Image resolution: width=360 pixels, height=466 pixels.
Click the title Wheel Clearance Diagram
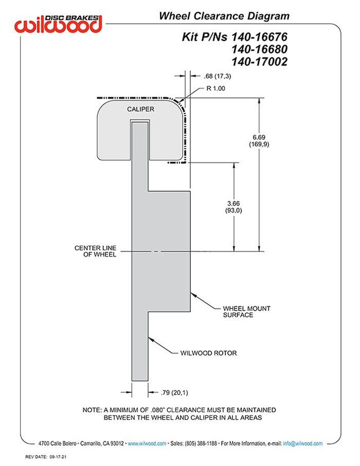click(224, 16)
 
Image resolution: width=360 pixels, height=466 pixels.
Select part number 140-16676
click(259, 36)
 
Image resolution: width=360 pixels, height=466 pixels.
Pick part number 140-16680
click(259, 49)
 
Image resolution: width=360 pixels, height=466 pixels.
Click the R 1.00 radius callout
click(216, 89)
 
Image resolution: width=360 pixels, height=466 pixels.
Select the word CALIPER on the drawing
click(140, 109)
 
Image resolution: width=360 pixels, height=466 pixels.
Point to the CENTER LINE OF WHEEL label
click(96, 251)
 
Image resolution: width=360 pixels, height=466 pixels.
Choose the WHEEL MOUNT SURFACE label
click(247, 311)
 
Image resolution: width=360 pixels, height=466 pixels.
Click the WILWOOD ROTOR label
click(209, 353)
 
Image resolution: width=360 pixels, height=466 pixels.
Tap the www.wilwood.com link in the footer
click(147, 443)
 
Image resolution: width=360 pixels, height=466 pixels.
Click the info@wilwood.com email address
click(303, 443)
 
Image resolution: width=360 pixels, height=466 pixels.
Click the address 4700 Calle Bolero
click(59, 443)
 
